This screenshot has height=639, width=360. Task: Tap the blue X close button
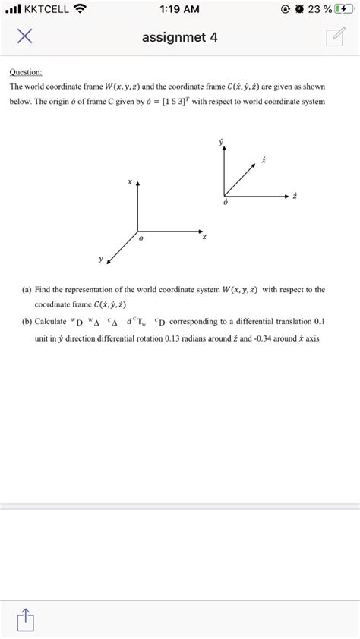[24, 36]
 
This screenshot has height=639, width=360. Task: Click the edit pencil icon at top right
[334, 37]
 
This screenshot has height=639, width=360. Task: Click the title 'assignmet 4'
[180, 36]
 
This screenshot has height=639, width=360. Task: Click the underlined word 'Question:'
[26, 72]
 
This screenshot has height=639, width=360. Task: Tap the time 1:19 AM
[181, 9]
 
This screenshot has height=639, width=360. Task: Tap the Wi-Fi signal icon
[80, 9]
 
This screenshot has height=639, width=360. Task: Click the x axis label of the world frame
[130, 182]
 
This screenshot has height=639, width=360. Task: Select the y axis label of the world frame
[99, 258]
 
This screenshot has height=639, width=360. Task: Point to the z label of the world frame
[204, 237]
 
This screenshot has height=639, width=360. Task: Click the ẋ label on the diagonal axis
[263, 160]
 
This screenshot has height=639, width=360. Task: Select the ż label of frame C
[294, 196]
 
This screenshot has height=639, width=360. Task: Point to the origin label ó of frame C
[226, 203]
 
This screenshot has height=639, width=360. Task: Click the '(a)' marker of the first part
[27, 289]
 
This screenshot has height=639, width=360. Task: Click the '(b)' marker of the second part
[27, 321]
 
